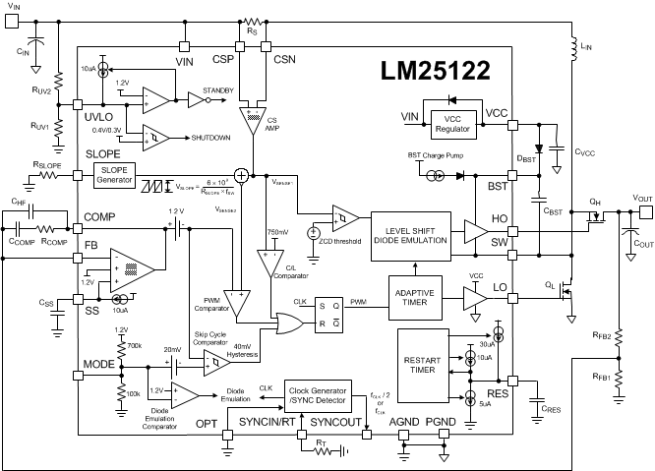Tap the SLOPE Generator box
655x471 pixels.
coord(117,173)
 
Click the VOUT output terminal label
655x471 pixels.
coord(641,198)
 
